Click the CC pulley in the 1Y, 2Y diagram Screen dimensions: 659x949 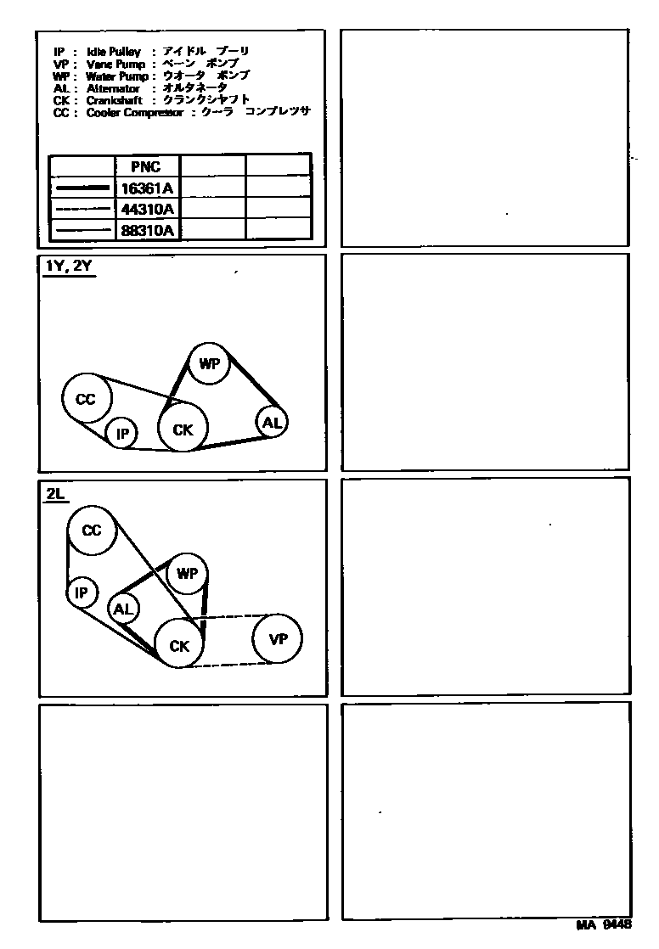[x=86, y=398]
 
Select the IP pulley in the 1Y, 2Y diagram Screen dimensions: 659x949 [x=122, y=435]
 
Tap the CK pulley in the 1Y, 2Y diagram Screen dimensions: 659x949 [x=183, y=430]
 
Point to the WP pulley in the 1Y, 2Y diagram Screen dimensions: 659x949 [x=209, y=365]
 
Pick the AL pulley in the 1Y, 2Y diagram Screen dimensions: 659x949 [x=271, y=422]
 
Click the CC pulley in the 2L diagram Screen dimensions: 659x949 [x=91, y=531]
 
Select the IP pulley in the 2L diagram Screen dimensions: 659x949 [x=82, y=592]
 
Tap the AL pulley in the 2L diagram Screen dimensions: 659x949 [x=123, y=608]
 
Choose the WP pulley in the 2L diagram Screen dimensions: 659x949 [x=187, y=575]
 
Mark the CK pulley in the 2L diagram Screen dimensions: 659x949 [x=178, y=646]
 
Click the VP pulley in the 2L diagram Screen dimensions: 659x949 [x=278, y=639]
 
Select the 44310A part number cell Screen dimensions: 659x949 [x=148, y=209]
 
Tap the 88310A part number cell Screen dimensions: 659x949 [x=148, y=230]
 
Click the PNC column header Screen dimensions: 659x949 [x=145, y=167]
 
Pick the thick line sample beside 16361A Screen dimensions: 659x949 [x=82, y=188]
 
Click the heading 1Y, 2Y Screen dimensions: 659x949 [x=69, y=266]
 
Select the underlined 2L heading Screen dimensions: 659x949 [x=56, y=491]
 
